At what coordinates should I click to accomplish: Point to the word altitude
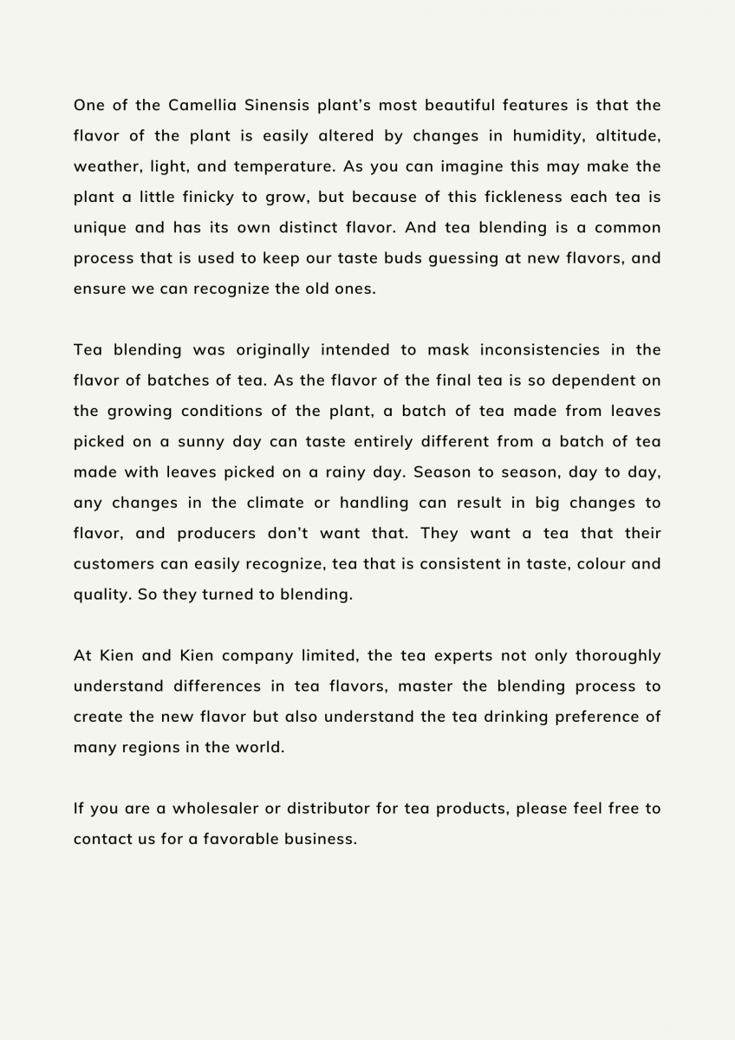click(x=628, y=136)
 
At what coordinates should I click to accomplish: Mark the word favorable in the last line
click(x=240, y=839)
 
